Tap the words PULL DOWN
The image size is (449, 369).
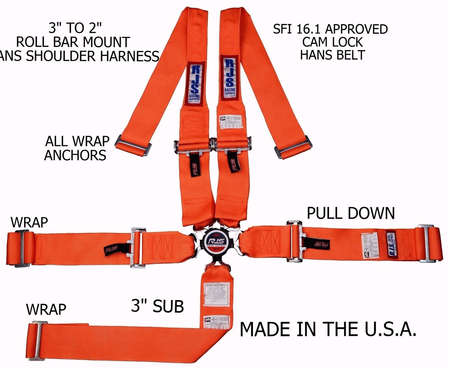tap(351, 213)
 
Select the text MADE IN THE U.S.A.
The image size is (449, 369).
tap(327, 329)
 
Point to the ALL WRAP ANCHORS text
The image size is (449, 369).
tap(76, 148)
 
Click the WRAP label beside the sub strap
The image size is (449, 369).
tap(46, 309)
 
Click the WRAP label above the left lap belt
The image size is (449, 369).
tap(29, 222)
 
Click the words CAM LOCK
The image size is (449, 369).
tap(332, 42)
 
